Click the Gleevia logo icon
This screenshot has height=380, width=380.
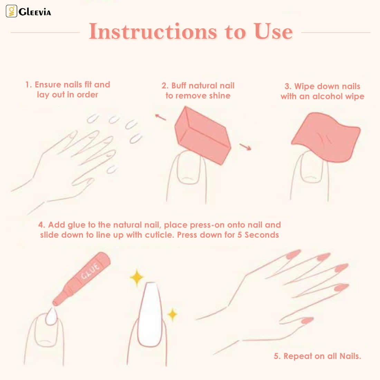(11, 11)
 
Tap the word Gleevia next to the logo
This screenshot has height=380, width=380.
(35, 12)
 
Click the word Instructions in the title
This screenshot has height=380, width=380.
(153, 31)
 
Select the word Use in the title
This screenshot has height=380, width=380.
(273, 31)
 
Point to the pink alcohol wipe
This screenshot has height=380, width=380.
(326, 137)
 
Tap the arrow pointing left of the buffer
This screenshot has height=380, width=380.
(160, 117)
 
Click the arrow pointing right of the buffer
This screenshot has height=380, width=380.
(245, 146)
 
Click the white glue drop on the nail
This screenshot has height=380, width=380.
(51, 316)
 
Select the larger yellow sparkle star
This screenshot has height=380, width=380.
(137, 277)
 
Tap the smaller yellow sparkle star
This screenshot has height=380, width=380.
(172, 314)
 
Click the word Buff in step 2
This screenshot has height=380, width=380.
(179, 86)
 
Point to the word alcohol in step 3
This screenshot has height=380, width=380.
(327, 96)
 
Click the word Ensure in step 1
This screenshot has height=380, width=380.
(48, 85)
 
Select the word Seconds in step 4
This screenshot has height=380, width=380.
(262, 235)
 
